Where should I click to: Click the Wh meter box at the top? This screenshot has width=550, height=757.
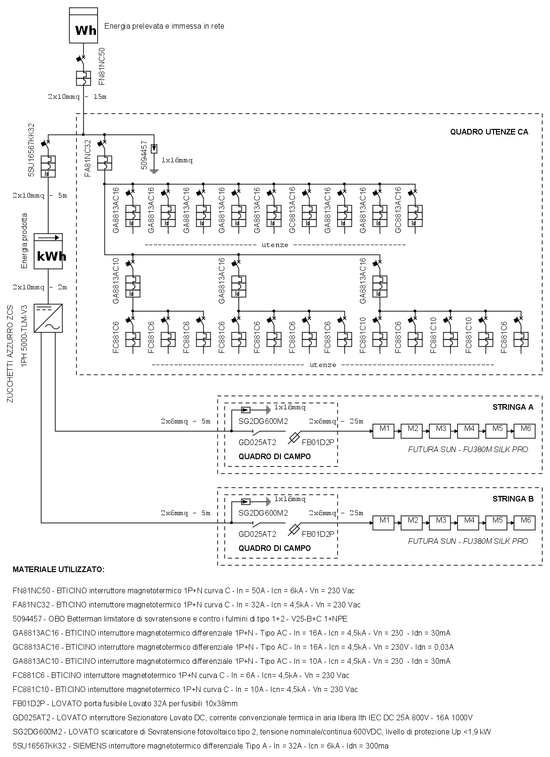pyautogui.click(x=84, y=26)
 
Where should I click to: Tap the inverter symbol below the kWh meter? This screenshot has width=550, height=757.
pyautogui.click(x=48, y=318)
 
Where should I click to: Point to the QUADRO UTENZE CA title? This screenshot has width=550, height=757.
pyautogui.click(x=489, y=132)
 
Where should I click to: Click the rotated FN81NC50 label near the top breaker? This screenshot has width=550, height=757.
pyautogui.click(x=102, y=66)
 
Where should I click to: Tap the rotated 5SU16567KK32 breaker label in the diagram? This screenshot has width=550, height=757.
pyautogui.click(x=32, y=151)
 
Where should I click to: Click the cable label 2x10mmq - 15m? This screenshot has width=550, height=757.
pyautogui.click(x=77, y=97)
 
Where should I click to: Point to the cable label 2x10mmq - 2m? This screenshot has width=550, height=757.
pyautogui.click(x=40, y=287)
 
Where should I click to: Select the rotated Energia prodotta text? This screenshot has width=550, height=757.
pyautogui.click(x=25, y=241)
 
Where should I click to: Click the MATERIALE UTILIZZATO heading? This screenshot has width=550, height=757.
pyautogui.click(x=58, y=570)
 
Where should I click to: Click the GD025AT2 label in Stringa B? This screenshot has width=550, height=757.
pyautogui.click(x=257, y=534)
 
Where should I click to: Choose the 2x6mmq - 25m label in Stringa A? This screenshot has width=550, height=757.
pyautogui.click(x=335, y=421)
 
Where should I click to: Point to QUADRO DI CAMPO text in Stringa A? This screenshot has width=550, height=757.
pyautogui.click(x=275, y=456)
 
